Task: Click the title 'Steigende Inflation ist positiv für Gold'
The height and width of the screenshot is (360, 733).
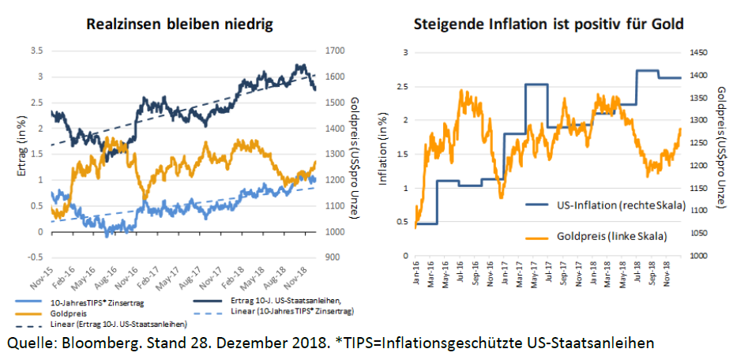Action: click(x=548, y=24)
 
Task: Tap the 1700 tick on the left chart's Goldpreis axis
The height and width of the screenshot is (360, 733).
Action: click(x=336, y=51)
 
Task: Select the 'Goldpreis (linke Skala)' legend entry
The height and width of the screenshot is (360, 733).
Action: click(x=600, y=235)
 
